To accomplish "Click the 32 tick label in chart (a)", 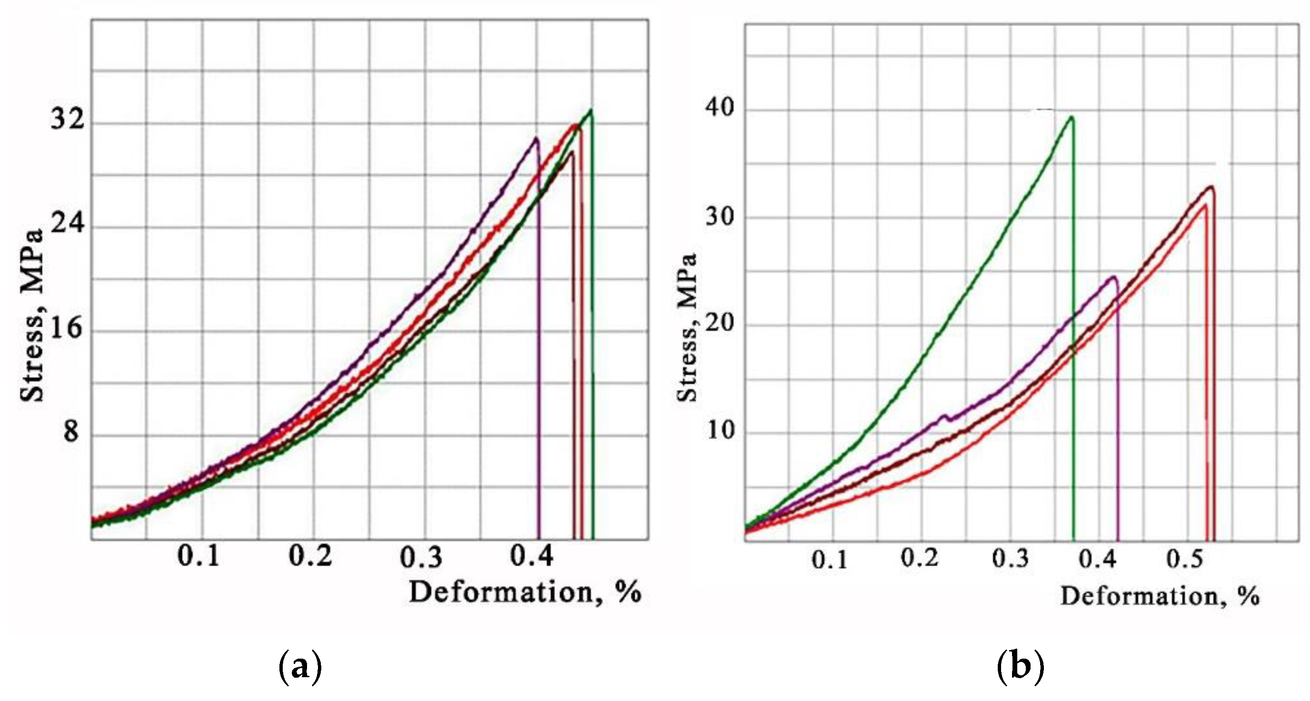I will pyautogui.click(x=67, y=120).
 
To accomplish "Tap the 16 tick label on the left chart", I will pyautogui.click(x=66, y=327).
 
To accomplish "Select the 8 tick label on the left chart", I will pyautogui.click(x=71, y=432).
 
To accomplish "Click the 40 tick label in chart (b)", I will pyautogui.click(x=720, y=108).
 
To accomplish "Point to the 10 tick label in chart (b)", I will pyautogui.click(x=721, y=431).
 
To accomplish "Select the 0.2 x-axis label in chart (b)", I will pyautogui.click(x=919, y=558).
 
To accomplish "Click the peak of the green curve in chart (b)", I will pyautogui.click(x=1072, y=117).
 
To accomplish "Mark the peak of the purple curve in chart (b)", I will pyautogui.click(x=1114, y=277).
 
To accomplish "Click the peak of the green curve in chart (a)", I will pyautogui.click(x=590, y=110).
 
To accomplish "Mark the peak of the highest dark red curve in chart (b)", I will pyautogui.click(x=1211, y=187).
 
